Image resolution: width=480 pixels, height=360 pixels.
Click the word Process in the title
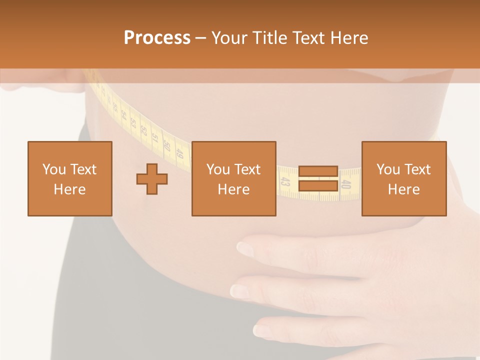(x=157, y=38)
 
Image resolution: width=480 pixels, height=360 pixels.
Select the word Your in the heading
(x=229, y=38)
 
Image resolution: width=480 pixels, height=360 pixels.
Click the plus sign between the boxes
(x=152, y=178)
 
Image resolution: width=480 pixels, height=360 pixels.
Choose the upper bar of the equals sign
(x=318, y=171)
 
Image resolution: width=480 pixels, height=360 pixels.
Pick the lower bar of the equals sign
(x=318, y=186)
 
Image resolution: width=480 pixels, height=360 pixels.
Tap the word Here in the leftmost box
(x=69, y=189)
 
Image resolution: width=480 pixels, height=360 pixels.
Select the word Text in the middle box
(x=247, y=169)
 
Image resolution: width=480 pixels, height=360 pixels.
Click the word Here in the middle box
(x=233, y=189)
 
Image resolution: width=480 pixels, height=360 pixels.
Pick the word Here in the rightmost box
(x=403, y=189)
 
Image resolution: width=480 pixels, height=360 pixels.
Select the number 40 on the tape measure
(x=346, y=184)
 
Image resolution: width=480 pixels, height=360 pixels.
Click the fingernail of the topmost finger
(x=244, y=247)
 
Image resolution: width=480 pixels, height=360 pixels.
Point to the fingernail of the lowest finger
(x=262, y=330)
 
